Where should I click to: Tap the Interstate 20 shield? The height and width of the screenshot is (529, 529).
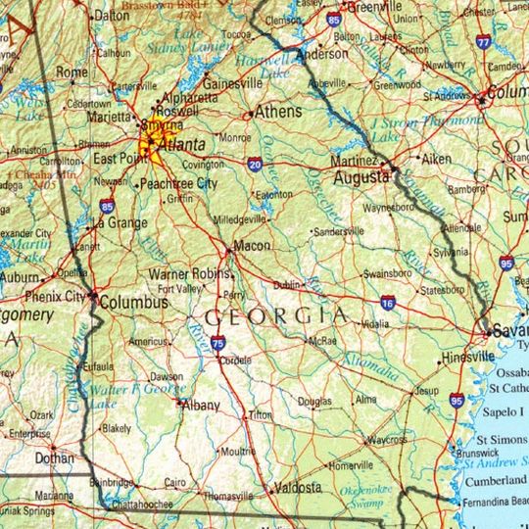pos(254,164)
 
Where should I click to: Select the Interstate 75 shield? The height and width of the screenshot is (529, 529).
pos(216,343)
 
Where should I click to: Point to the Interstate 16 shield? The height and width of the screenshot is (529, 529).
pos(388,304)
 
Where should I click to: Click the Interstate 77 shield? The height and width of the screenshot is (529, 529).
pos(482,43)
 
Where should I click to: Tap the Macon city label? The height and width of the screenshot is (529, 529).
pos(253,245)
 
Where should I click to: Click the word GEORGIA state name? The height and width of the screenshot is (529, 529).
pos(275,316)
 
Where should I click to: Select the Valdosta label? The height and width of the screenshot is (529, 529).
pos(296,487)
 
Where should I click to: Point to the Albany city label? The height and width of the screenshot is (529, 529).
pos(202,406)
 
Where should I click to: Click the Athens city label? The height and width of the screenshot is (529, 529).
pos(279,113)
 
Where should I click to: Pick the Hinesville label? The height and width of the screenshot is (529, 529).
pos(468,358)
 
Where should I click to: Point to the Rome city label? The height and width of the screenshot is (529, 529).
pos(72,72)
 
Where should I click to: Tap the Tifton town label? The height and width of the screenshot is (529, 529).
pos(261,415)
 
